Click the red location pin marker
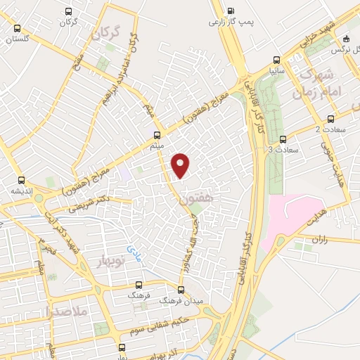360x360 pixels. [x=181, y=165]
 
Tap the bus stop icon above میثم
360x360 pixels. [x=157, y=134]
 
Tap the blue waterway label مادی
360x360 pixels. [x=134, y=248]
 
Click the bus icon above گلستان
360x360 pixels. [x=18, y=28]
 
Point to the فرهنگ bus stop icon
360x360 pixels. [x=139, y=285]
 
